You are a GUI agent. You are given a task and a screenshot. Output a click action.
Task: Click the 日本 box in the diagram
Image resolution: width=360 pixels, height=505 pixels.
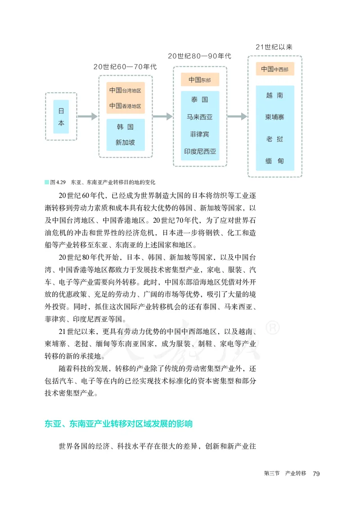click(x=61, y=117)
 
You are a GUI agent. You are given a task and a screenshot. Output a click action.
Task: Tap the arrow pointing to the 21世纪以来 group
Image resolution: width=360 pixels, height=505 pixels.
click(x=237, y=117)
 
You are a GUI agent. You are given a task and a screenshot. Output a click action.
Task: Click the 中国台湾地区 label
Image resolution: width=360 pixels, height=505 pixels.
click(x=125, y=90)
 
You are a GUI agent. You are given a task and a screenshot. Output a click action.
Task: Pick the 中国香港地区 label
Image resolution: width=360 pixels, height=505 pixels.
click(x=125, y=106)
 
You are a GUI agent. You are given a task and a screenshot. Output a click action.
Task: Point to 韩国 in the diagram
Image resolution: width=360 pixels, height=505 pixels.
click(x=125, y=127)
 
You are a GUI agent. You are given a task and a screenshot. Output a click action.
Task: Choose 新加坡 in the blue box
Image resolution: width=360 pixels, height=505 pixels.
click(x=125, y=143)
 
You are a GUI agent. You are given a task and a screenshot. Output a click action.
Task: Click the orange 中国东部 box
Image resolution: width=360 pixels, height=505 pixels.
click(x=200, y=80)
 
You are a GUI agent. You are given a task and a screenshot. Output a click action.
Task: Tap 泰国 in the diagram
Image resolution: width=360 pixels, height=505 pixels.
click(x=200, y=100)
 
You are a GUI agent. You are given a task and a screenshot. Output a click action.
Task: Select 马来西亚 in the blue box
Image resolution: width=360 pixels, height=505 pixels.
click(x=200, y=117)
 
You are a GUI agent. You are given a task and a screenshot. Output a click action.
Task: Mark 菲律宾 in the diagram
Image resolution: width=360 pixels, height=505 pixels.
click(x=200, y=134)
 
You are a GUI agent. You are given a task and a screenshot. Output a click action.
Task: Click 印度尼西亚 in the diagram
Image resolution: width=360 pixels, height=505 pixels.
click(x=200, y=151)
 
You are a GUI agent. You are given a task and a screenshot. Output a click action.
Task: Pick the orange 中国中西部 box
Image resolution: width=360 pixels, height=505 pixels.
click(x=274, y=69)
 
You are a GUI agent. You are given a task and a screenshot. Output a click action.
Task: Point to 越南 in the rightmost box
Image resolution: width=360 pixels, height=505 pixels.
click(x=274, y=95)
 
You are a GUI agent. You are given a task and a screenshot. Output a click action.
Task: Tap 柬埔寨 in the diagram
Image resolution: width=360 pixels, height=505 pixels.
click(x=274, y=117)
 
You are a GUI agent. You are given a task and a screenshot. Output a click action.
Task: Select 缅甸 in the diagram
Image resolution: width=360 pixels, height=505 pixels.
click(x=274, y=161)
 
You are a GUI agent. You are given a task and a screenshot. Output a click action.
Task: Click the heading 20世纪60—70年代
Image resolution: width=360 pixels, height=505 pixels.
click(x=125, y=67)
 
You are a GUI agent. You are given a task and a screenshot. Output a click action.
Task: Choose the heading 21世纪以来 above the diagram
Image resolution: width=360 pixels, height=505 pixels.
click(x=274, y=47)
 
